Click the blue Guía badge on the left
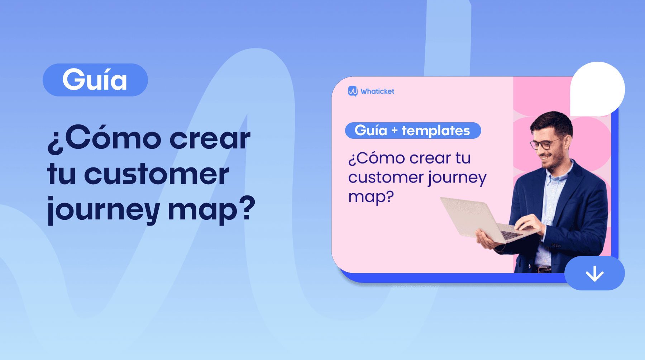pyautogui.click(x=95, y=80)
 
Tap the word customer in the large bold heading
pyautogui.click(x=157, y=174)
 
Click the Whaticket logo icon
pyautogui.click(x=353, y=91)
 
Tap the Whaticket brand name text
pyautogui.click(x=377, y=91)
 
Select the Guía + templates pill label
pyautogui.click(x=413, y=131)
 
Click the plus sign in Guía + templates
pyautogui.click(x=395, y=131)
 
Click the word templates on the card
pyautogui.click(x=436, y=131)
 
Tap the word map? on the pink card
pyautogui.click(x=371, y=197)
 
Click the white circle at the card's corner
pyautogui.click(x=597, y=89)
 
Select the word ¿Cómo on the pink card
pyautogui.click(x=376, y=158)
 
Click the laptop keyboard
pyautogui.click(x=512, y=235)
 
